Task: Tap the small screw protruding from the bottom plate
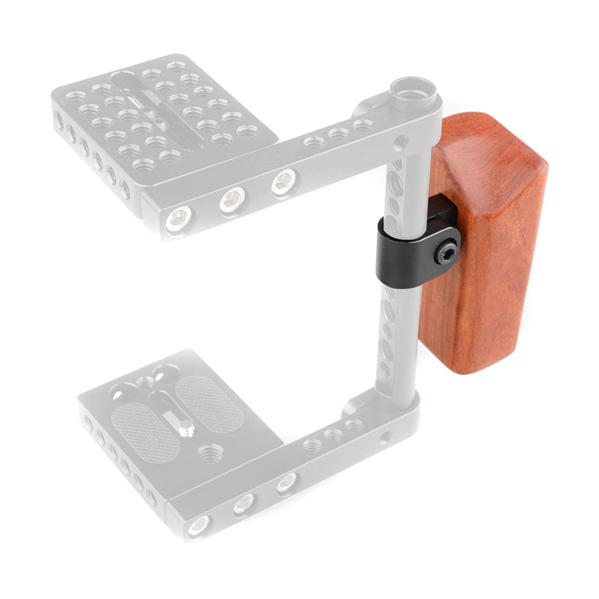[x=187, y=425]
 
